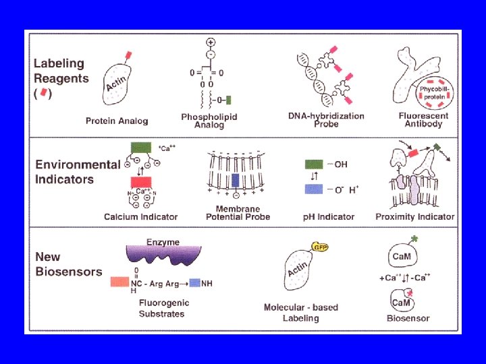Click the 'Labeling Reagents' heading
(x=61, y=71)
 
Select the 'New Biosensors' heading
(x=68, y=264)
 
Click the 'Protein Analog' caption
(x=117, y=121)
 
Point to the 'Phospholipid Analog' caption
(x=209, y=121)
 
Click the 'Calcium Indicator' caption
(x=140, y=217)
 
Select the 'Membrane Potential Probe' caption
(x=238, y=213)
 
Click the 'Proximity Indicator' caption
(x=415, y=217)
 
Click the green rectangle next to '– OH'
(x=314, y=164)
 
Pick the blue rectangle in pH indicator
(x=314, y=189)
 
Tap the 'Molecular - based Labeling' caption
(x=301, y=313)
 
